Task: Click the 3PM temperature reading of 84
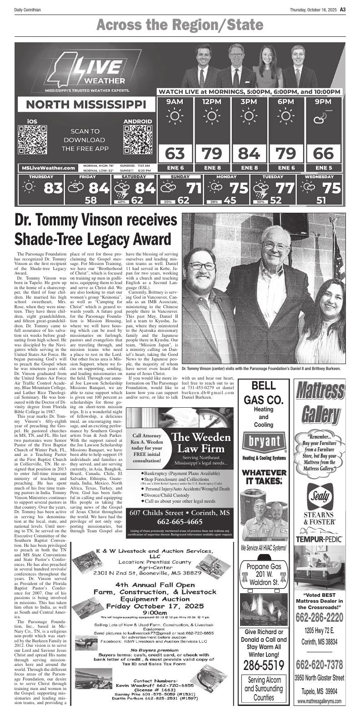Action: (249, 154)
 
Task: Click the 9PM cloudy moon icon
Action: (323, 120)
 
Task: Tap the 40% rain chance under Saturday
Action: (122, 201)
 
